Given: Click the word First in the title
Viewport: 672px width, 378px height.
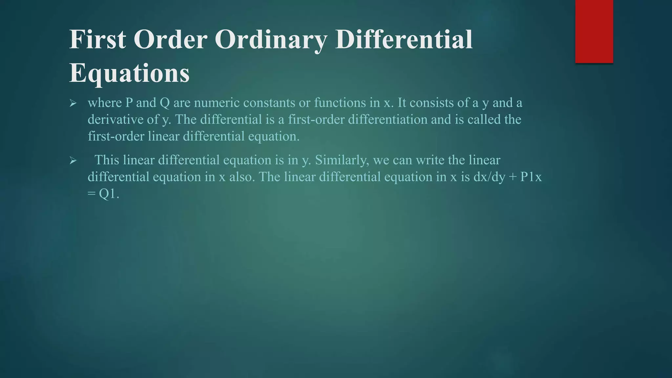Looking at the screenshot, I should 97,39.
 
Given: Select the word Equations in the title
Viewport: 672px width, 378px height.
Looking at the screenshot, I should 129,73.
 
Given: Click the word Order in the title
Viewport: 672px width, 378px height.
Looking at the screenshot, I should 170,39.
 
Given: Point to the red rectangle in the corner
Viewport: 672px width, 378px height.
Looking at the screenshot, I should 594,31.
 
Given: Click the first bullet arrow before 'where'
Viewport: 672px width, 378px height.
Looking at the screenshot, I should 73,104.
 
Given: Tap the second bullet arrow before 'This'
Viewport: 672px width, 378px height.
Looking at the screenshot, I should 73,161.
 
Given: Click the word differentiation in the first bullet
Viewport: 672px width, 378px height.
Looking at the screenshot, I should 388,119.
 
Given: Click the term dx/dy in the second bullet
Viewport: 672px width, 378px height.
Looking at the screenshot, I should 489,177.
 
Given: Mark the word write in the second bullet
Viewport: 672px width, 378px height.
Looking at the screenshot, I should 430,160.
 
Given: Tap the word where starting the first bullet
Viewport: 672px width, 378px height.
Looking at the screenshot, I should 105,103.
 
